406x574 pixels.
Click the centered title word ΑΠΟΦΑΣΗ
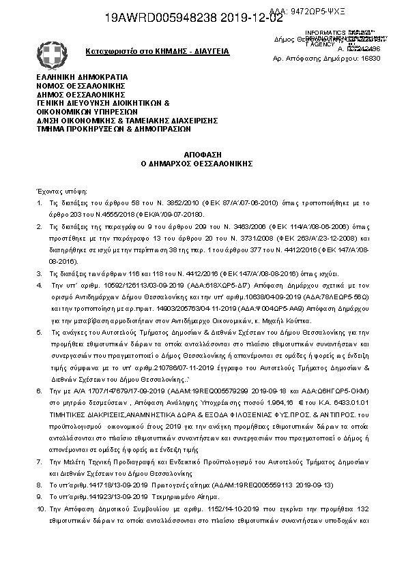click(x=203, y=155)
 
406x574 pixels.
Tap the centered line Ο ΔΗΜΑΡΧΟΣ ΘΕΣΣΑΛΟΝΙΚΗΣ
click(x=203, y=164)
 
